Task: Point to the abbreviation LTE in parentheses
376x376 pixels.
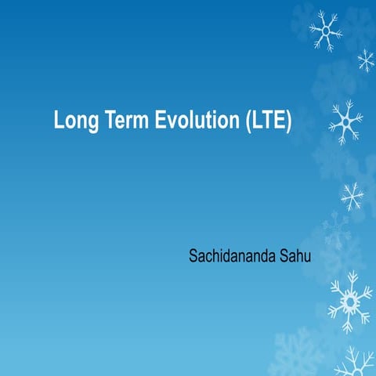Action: click(x=269, y=121)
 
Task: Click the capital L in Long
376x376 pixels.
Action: click(x=59, y=121)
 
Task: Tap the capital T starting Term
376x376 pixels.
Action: click(x=107, y=121)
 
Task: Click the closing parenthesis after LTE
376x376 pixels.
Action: click(x=289, y=122)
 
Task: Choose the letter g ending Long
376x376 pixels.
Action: click(x=92, y=125)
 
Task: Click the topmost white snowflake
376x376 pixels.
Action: click(x=324, y=30)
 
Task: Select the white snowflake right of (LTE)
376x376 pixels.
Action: click(x=345, y=121)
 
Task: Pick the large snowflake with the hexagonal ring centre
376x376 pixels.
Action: click(x=349, y=300)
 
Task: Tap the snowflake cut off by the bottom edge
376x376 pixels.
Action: click(x=354, y=364)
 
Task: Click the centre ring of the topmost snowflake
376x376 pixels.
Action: click(x=324, y=30)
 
